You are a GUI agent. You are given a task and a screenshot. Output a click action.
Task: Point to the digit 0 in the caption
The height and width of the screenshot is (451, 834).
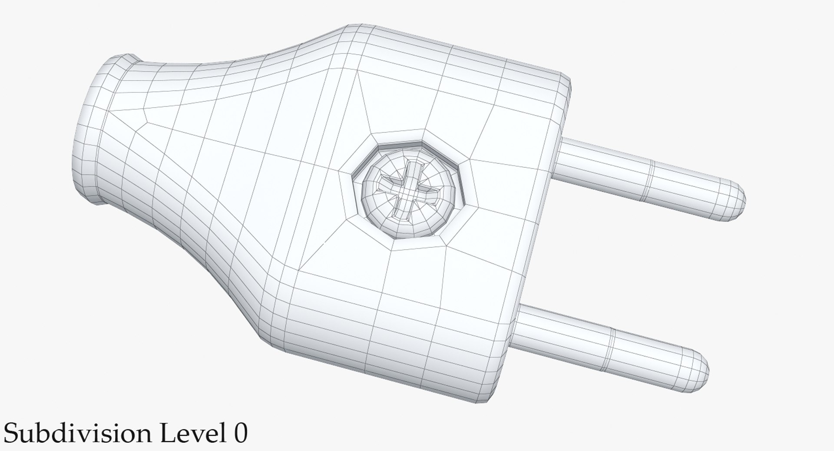point(240,434)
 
